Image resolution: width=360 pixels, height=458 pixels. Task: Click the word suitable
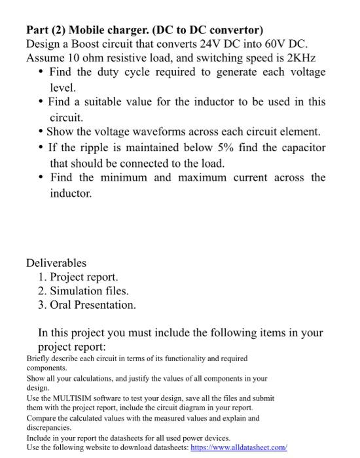(107, 103)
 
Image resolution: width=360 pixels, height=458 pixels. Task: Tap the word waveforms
(173, 132)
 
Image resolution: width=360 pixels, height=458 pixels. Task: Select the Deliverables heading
(56, 263)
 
